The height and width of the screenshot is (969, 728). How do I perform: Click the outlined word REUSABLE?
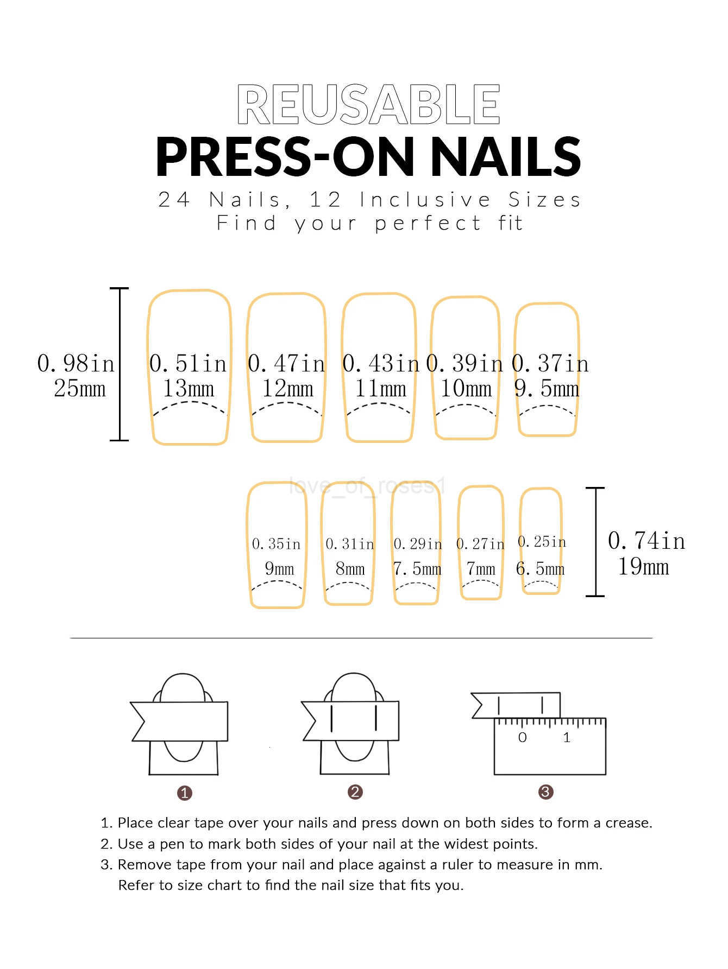pos(368,104)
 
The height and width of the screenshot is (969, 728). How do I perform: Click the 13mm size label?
pos(189,389)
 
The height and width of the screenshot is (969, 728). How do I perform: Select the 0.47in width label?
pos(286,363)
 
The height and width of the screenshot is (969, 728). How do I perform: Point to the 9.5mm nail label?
pos(547,389)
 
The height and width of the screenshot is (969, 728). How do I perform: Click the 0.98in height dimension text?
pos(76,363)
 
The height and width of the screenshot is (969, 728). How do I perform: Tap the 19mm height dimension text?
pos(643,567)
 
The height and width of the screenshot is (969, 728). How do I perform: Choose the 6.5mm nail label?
pos(541,569)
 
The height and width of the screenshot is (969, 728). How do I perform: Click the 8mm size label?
pos(350,569)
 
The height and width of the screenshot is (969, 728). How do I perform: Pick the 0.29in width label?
pos(418,543)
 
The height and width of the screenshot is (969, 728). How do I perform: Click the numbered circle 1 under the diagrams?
pos(185,793)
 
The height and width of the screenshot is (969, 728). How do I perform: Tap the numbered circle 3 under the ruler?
pos(545,792)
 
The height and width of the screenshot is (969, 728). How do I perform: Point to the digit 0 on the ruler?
pos(523,737)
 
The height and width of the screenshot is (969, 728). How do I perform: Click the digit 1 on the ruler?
pos(567,737)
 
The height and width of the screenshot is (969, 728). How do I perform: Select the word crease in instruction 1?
pos(626,823)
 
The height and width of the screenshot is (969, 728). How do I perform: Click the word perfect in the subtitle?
pos(428,223)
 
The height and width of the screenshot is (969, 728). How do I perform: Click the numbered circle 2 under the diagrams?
pos(355,792)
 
